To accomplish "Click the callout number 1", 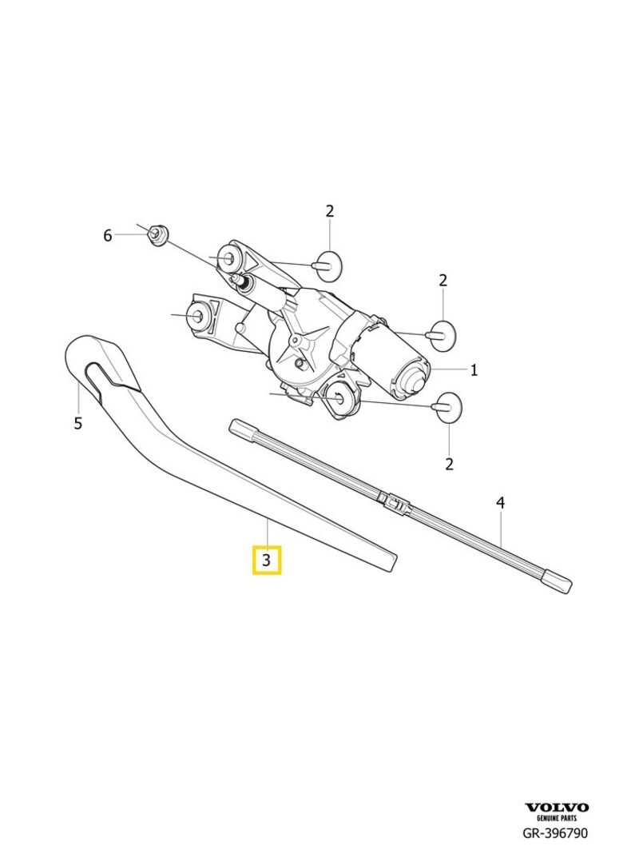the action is pos(474,370).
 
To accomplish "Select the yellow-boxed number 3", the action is pos(266,560).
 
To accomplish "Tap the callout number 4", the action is pos(500,503).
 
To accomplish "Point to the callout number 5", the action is pos(77,423).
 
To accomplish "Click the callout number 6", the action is pos(108,236).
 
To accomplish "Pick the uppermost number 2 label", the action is pos(330,211).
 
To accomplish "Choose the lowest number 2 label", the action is pos(449,464).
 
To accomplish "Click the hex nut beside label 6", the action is pos(158,235).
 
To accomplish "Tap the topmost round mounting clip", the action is pos(328,266).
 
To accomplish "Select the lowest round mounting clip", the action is pos(447,407).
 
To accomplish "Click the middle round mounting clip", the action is pos(441,336).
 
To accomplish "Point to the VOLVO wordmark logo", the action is pos(557,807).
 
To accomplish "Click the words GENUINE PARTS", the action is pos(557,818).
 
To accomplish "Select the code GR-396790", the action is pos(555,833).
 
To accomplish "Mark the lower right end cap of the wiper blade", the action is pos(558,581).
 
